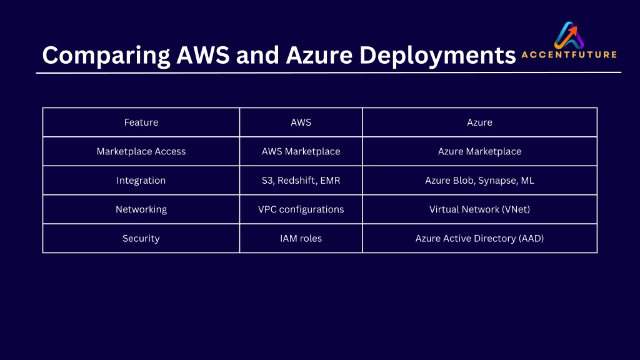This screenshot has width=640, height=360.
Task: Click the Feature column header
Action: click(x=141, y=122)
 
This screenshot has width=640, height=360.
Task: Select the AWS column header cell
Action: click(x=301, y=122)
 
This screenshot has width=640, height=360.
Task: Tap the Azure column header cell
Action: click(x=479, y=122)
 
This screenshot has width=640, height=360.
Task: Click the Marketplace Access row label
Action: click(x=141, y=151)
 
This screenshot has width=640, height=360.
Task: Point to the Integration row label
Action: click(x=141, y=181)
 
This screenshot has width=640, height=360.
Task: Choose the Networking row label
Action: click(x=141, y=209)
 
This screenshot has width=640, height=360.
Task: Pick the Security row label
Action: click(x=141, y=238)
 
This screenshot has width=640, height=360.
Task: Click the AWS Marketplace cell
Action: click(x=301, y=151)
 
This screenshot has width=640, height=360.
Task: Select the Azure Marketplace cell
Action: click(x=479, y=151)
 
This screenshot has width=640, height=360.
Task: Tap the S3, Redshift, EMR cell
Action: click(x=301, y=181)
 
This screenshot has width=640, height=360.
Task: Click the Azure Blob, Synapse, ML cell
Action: click(x=479, y=181)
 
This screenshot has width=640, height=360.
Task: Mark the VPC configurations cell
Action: click(x=301, y=209)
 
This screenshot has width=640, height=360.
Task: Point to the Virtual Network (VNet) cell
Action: click(x=479, y=209)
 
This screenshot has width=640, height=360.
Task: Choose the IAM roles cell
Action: click(x=301, y=238)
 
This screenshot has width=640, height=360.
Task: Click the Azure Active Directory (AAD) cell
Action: click(x=479, y=238)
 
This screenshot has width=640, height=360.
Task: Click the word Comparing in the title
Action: click(x=106, y=56)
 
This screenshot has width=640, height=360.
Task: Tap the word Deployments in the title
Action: click(x=437, y=56)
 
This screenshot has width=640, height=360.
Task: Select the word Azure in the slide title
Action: click(x=319, y=55)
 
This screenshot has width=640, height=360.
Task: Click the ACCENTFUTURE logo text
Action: click(x=569, y=55)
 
